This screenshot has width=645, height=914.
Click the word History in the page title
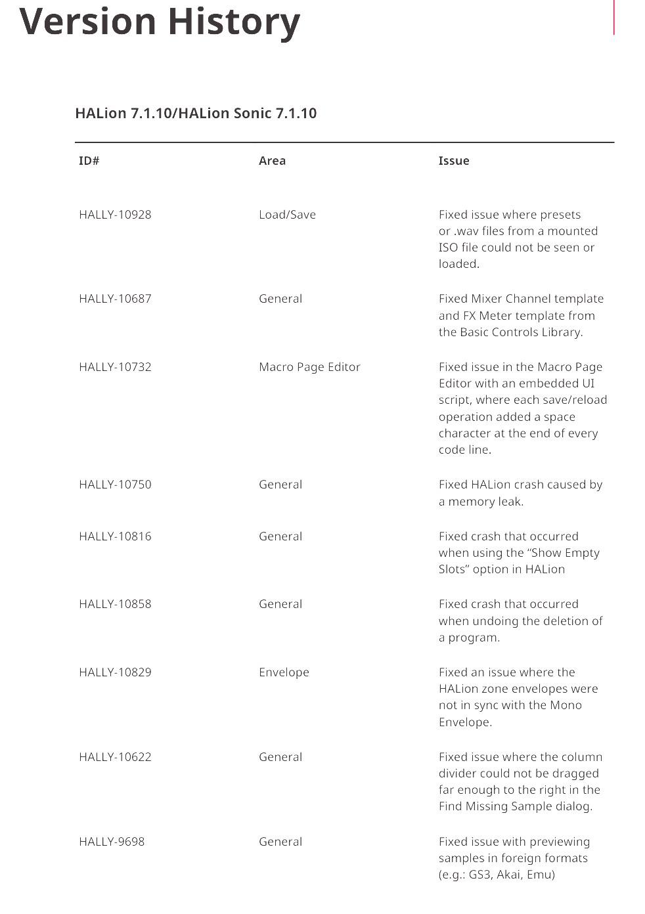tap(234, 21)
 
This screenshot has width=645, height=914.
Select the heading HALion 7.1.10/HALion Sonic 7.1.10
tap(196, 113)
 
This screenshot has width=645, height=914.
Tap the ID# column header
tap(89, 161)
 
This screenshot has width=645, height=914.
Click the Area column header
tap(272, 161)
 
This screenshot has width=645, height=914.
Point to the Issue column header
tap(454, 161)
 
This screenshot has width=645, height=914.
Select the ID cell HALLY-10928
tap(115, 215)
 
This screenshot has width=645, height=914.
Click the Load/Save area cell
tap(287, 215)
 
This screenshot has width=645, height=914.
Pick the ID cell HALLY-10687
tap(115, 299)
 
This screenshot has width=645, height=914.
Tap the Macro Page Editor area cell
tap(309, 367)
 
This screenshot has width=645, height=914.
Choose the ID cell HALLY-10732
tap(115, 367)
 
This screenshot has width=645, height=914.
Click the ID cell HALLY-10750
tap(115, 485)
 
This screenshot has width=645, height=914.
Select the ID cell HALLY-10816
tap(115, 536)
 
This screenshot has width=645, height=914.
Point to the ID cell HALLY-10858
tap(115, 604)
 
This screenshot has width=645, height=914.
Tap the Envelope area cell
tap(284, 672)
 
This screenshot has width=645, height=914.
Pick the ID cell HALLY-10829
tap(115, 672)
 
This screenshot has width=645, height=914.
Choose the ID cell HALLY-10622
tap(115, 757)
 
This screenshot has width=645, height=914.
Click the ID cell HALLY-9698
tap(112, 842)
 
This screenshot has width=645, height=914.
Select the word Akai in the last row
tap(508, 875)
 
